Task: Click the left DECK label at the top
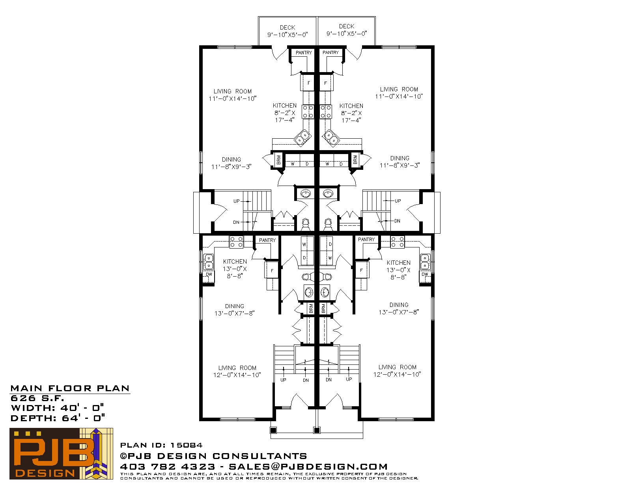point(287,28)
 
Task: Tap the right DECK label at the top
point(347,26)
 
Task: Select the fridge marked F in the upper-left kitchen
point(307,83)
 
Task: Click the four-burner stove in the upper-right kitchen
point(325,112)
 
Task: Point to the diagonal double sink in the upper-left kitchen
point(302,137)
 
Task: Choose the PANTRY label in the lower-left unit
point(267,240)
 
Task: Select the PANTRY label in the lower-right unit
point(366,239)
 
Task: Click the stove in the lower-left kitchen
point(236,242)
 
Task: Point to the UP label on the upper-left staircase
point(236,201)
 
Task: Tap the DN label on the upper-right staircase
point(397,221)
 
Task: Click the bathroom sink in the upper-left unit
point(306,193)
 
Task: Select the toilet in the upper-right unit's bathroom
point(328,224)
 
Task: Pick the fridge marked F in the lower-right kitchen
point(362,270)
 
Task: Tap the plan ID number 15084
point(186,445)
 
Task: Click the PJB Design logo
point(61,454)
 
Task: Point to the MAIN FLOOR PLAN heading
point(70,388)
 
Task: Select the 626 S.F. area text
point(37,398)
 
